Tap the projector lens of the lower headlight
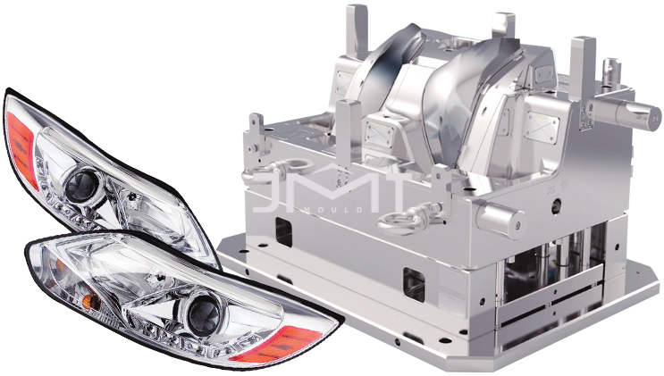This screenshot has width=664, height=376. click(x=205, y=313)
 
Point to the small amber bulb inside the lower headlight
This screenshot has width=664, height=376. click(x=90, y=301)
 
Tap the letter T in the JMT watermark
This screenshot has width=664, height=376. click(x=386, y=193)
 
